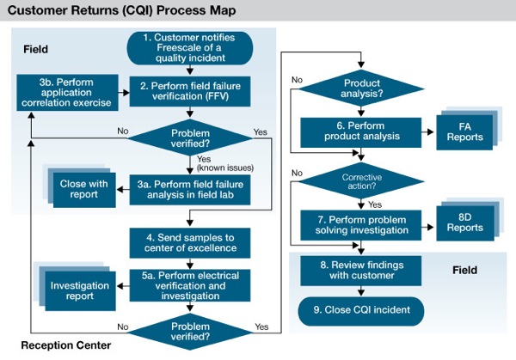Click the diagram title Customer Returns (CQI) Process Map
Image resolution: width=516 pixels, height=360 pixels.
[121, 10]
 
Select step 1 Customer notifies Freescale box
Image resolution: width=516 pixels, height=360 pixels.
[190, 48]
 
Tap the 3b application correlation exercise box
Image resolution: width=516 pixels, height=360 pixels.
[67, 93]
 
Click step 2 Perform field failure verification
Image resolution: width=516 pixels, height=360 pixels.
[190, 91]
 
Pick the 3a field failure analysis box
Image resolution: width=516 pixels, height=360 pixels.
[190, 190]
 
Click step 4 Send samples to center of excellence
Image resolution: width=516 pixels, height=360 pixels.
[190, 243]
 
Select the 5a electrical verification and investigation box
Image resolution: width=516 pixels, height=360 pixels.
[190, 285]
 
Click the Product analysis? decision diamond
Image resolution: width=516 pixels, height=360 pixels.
[361, 88]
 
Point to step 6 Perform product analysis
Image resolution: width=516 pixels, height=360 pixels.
[361, 132]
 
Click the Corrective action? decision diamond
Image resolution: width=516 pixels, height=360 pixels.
[361, 181]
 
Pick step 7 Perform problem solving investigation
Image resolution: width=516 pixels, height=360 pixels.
[361, 225]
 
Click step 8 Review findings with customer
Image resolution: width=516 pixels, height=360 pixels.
[361, 271]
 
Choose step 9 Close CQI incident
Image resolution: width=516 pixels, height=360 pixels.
[361, 311]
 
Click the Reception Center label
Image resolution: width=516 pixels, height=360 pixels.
[66, 345]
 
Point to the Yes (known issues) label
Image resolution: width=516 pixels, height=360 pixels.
[225, 163]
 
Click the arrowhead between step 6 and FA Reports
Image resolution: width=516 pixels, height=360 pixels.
[430, 132]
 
